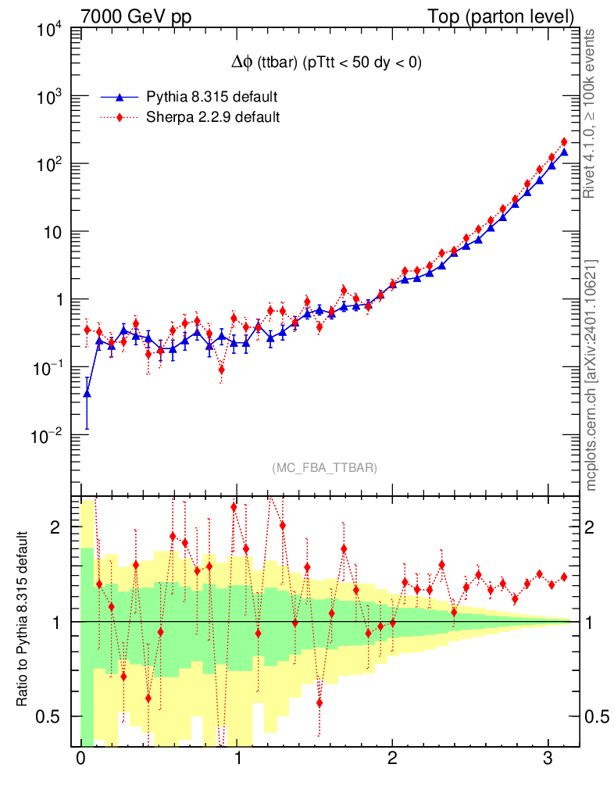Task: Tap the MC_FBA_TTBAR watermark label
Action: (x=325, y=468)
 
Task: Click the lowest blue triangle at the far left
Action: (x=87, y=393)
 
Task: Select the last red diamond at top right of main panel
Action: (x=564, y=142)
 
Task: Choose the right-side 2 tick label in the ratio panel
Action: (x=596, y=527)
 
